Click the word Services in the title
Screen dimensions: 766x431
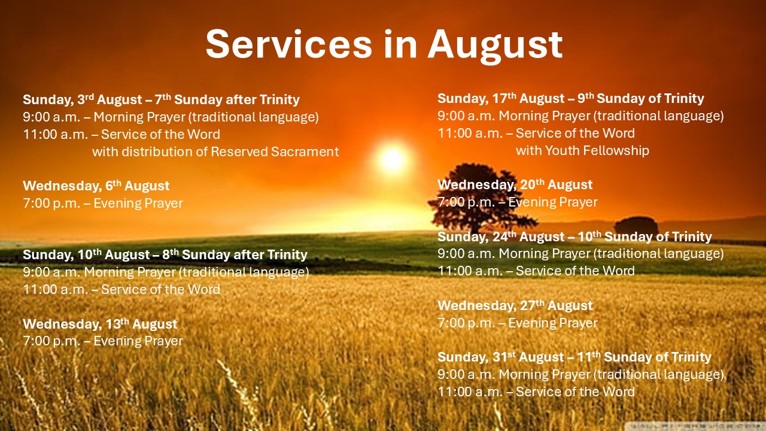[289, 44]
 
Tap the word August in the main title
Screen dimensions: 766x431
[495, 46]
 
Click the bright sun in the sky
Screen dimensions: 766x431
[393, 159]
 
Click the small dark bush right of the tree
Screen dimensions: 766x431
[636, 225]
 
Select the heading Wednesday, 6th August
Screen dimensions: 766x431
[96, 186]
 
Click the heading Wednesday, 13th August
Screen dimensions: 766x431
[100, 324]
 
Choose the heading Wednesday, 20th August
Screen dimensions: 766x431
[515, 185]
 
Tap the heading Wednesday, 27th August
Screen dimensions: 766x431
[515, 305]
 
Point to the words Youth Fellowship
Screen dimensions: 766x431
[597, 150]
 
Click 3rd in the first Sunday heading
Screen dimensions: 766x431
[86, 99]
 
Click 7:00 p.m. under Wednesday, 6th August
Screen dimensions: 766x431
[51, 204]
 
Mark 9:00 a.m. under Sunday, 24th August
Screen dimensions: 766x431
[466, 253]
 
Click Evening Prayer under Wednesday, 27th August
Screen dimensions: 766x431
[553, 323]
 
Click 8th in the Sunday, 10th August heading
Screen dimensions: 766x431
[171, 254]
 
